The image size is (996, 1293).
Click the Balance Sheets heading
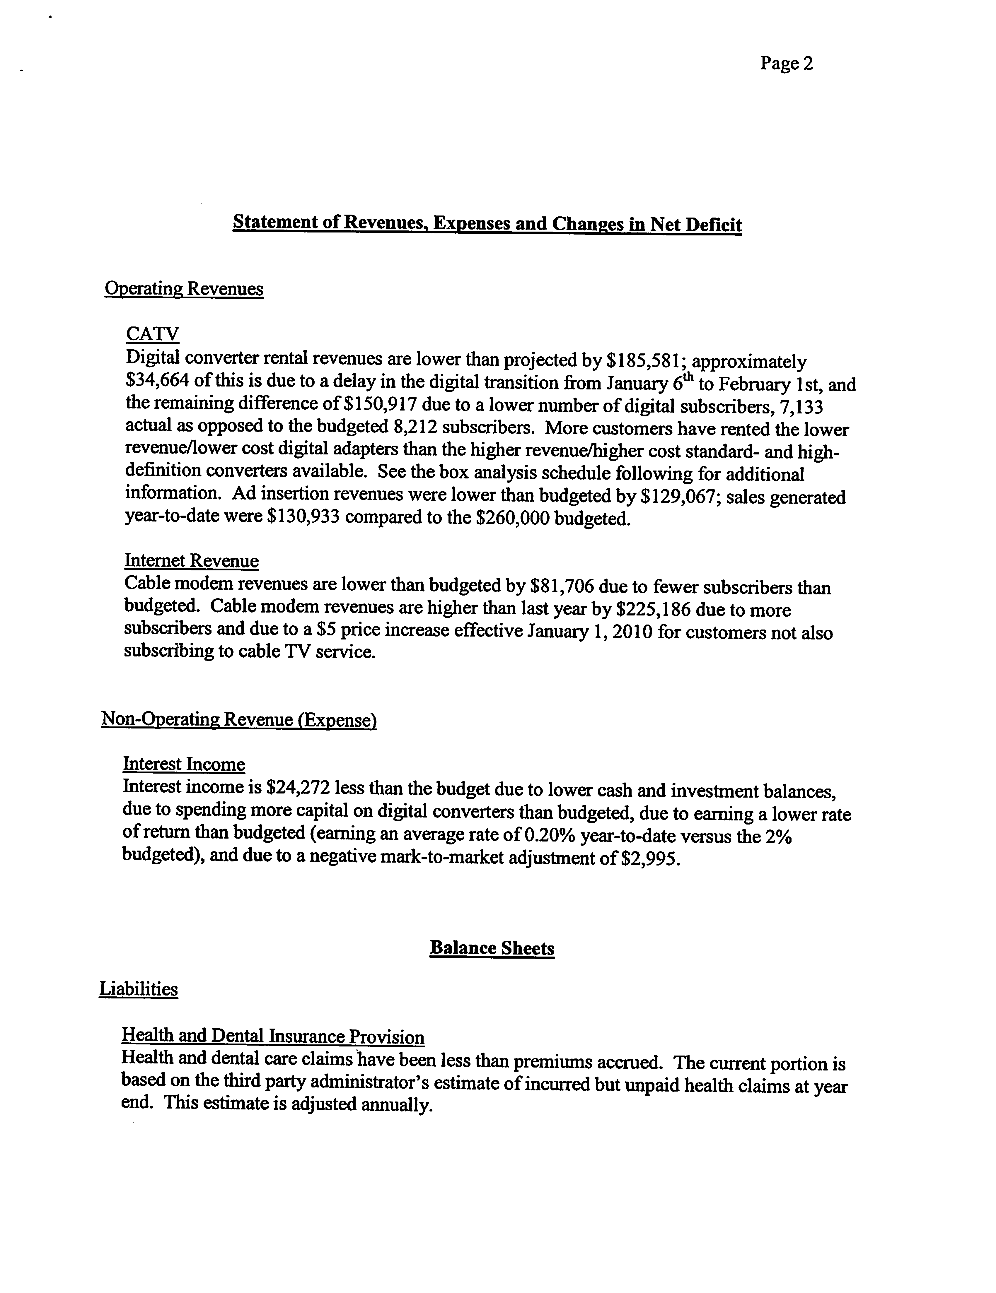[492, 948]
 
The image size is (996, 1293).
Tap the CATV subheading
[152, 334]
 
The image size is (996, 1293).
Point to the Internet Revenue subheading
[191, 561]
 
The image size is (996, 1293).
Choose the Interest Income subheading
[184, 764]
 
